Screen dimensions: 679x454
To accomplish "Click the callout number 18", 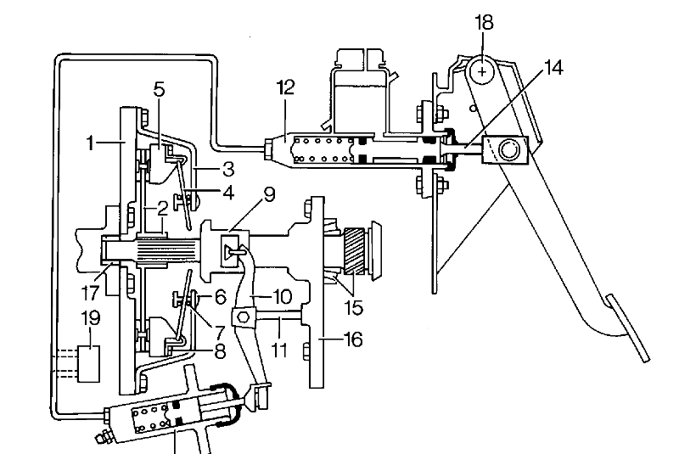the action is [x=484, y=23].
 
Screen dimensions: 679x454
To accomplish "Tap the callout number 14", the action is [x=553, y=69].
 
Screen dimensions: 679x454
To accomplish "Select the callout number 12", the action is [x=285, y=87].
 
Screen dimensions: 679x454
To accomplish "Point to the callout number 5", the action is [x=160, y=90].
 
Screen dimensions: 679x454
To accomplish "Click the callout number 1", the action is [x=90, y=143].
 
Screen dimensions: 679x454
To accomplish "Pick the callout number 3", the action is [x=228, y=169].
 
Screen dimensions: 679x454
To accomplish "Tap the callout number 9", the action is [x=269, y=194].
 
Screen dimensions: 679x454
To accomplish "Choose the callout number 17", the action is [x=90, y=293].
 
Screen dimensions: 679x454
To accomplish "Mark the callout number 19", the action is [x=91, y=318].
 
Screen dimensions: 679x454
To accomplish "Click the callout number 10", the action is [x=282, y=297].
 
